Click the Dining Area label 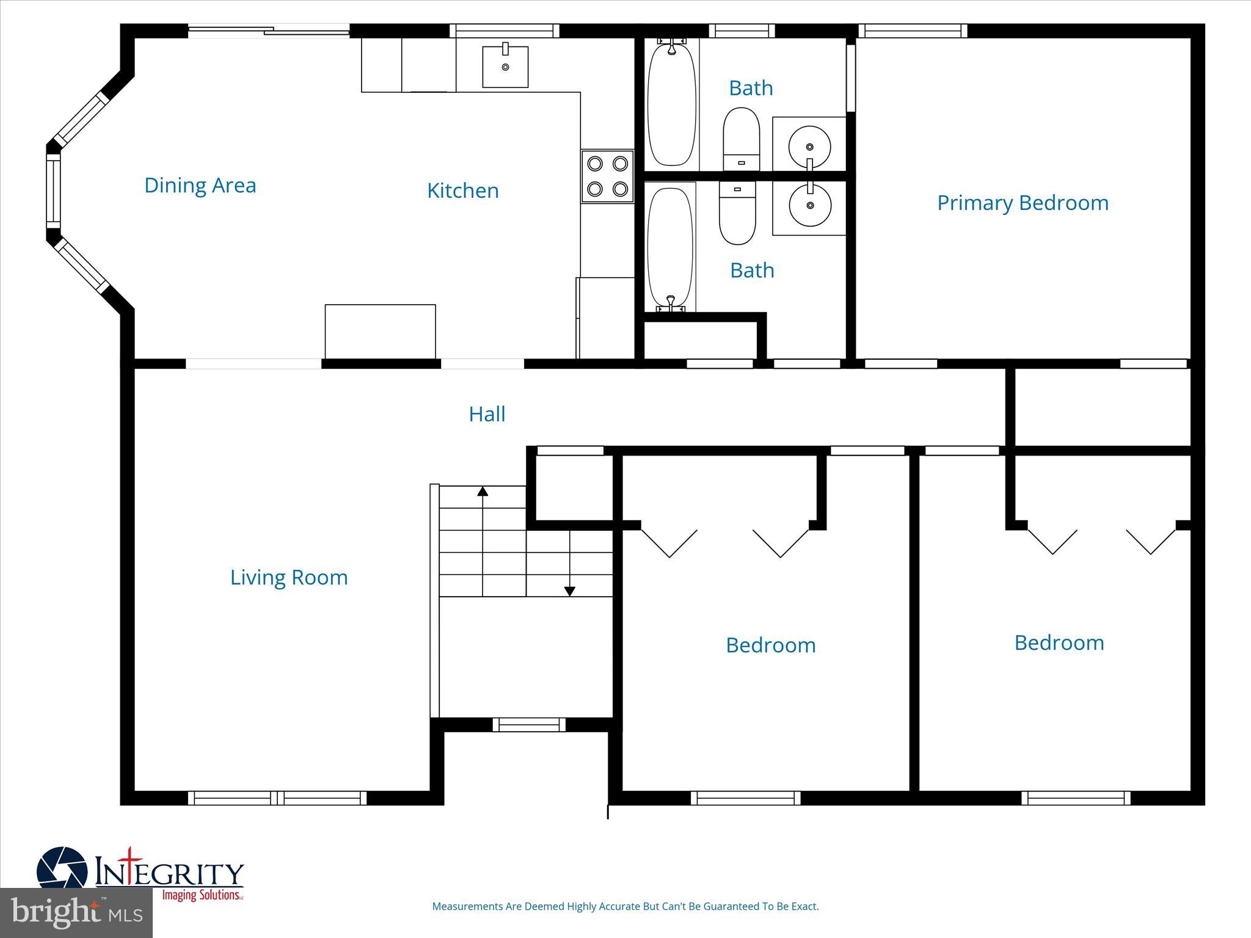point(200,186)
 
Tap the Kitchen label point(462,191)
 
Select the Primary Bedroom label point(1023,203)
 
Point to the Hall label point(487,414)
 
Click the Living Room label point(289,577)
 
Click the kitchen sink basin point(505,67)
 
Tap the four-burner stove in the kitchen point(607,176)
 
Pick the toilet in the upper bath point(741,139)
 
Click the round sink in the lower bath point(810,206)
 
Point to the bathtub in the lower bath point(670,247)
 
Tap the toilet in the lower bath point(737,214)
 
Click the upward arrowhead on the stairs point(483,491)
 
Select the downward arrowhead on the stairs point(569,591)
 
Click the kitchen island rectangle point(380,331)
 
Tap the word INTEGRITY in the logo point(170,873)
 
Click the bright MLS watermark point(76,912)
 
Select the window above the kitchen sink point(505,31)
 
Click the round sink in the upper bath point(809,147)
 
